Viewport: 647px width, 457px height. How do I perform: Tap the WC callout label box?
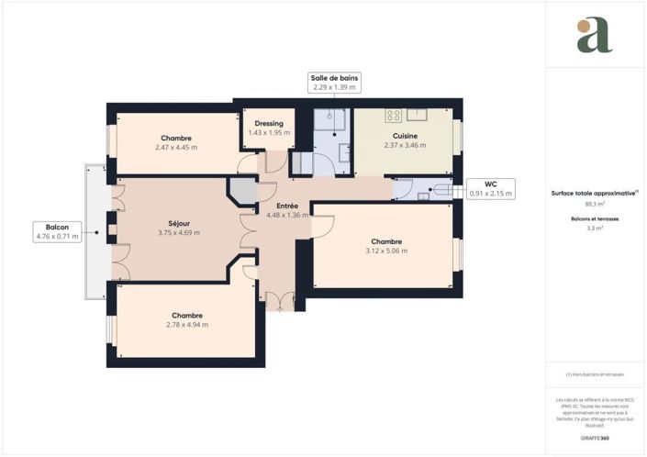pyautogui.click(x=491, y=188)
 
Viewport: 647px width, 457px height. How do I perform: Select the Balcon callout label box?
pyautogui.click(x=56, y=230)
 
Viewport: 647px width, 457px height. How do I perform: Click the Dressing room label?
pyautogui.click(x=269, y=123)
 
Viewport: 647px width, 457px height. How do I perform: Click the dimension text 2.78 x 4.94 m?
pyautogui.click(x=187, y=324)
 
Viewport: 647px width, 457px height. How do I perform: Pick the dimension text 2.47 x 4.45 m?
pyautogui.click(x=175, y=147)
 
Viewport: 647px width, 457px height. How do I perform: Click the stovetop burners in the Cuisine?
pyautogui.click(x=394, y=116)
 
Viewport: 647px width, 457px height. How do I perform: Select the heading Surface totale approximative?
pyautogui.click(x=595, y=194)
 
